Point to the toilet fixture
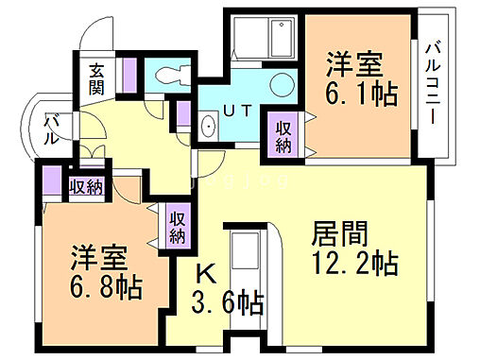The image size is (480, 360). (x=170, y=76)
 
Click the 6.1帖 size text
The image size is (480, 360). (x=360, y=94)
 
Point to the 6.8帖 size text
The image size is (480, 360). (x=103, y=285)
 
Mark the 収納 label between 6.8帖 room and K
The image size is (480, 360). (x=178, y=226)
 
